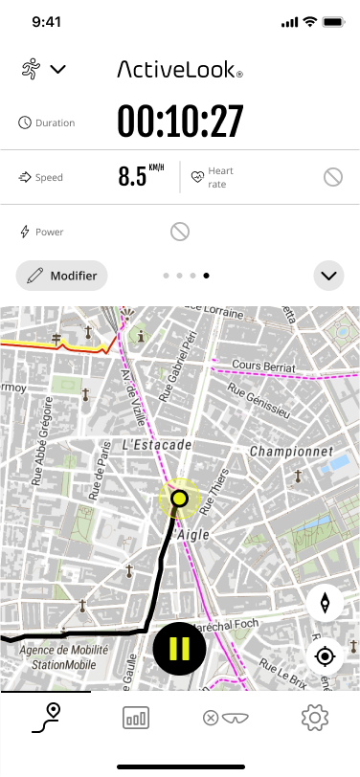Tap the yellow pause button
click(179, 648)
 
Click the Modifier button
click(62, 276)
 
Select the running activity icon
click(31, 68)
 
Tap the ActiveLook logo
click(180, 69)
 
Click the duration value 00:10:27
click(180, 122)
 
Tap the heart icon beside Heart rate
click(197, 176)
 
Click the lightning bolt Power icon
click(25, 232)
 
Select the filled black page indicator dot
click(207, 276)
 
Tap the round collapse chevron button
click(328, 276)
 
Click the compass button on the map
click(326, 603)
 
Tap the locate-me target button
click(326, 656)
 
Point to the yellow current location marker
click(178, 498)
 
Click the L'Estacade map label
click(158, 445)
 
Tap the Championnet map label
click(290, 451)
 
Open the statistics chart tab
click(136, 719)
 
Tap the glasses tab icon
click(225, 719)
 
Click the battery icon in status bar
click(334, 21)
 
